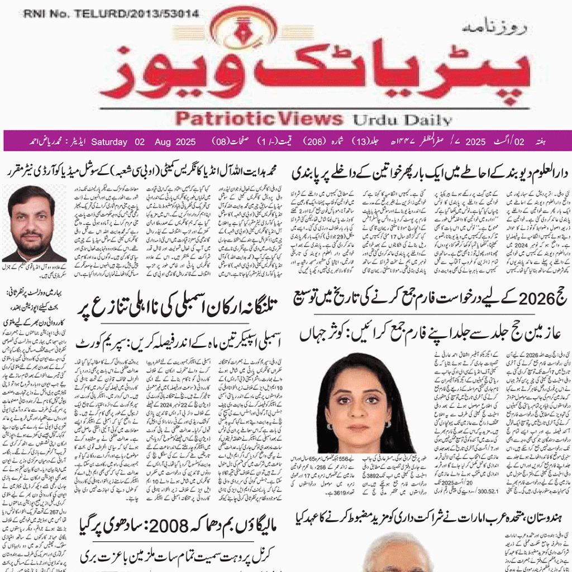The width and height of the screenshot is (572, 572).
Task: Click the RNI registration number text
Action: (111, 14)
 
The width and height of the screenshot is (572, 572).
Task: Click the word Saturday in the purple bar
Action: (109, 142)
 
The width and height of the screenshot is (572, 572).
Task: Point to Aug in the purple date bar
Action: (162, 142)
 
